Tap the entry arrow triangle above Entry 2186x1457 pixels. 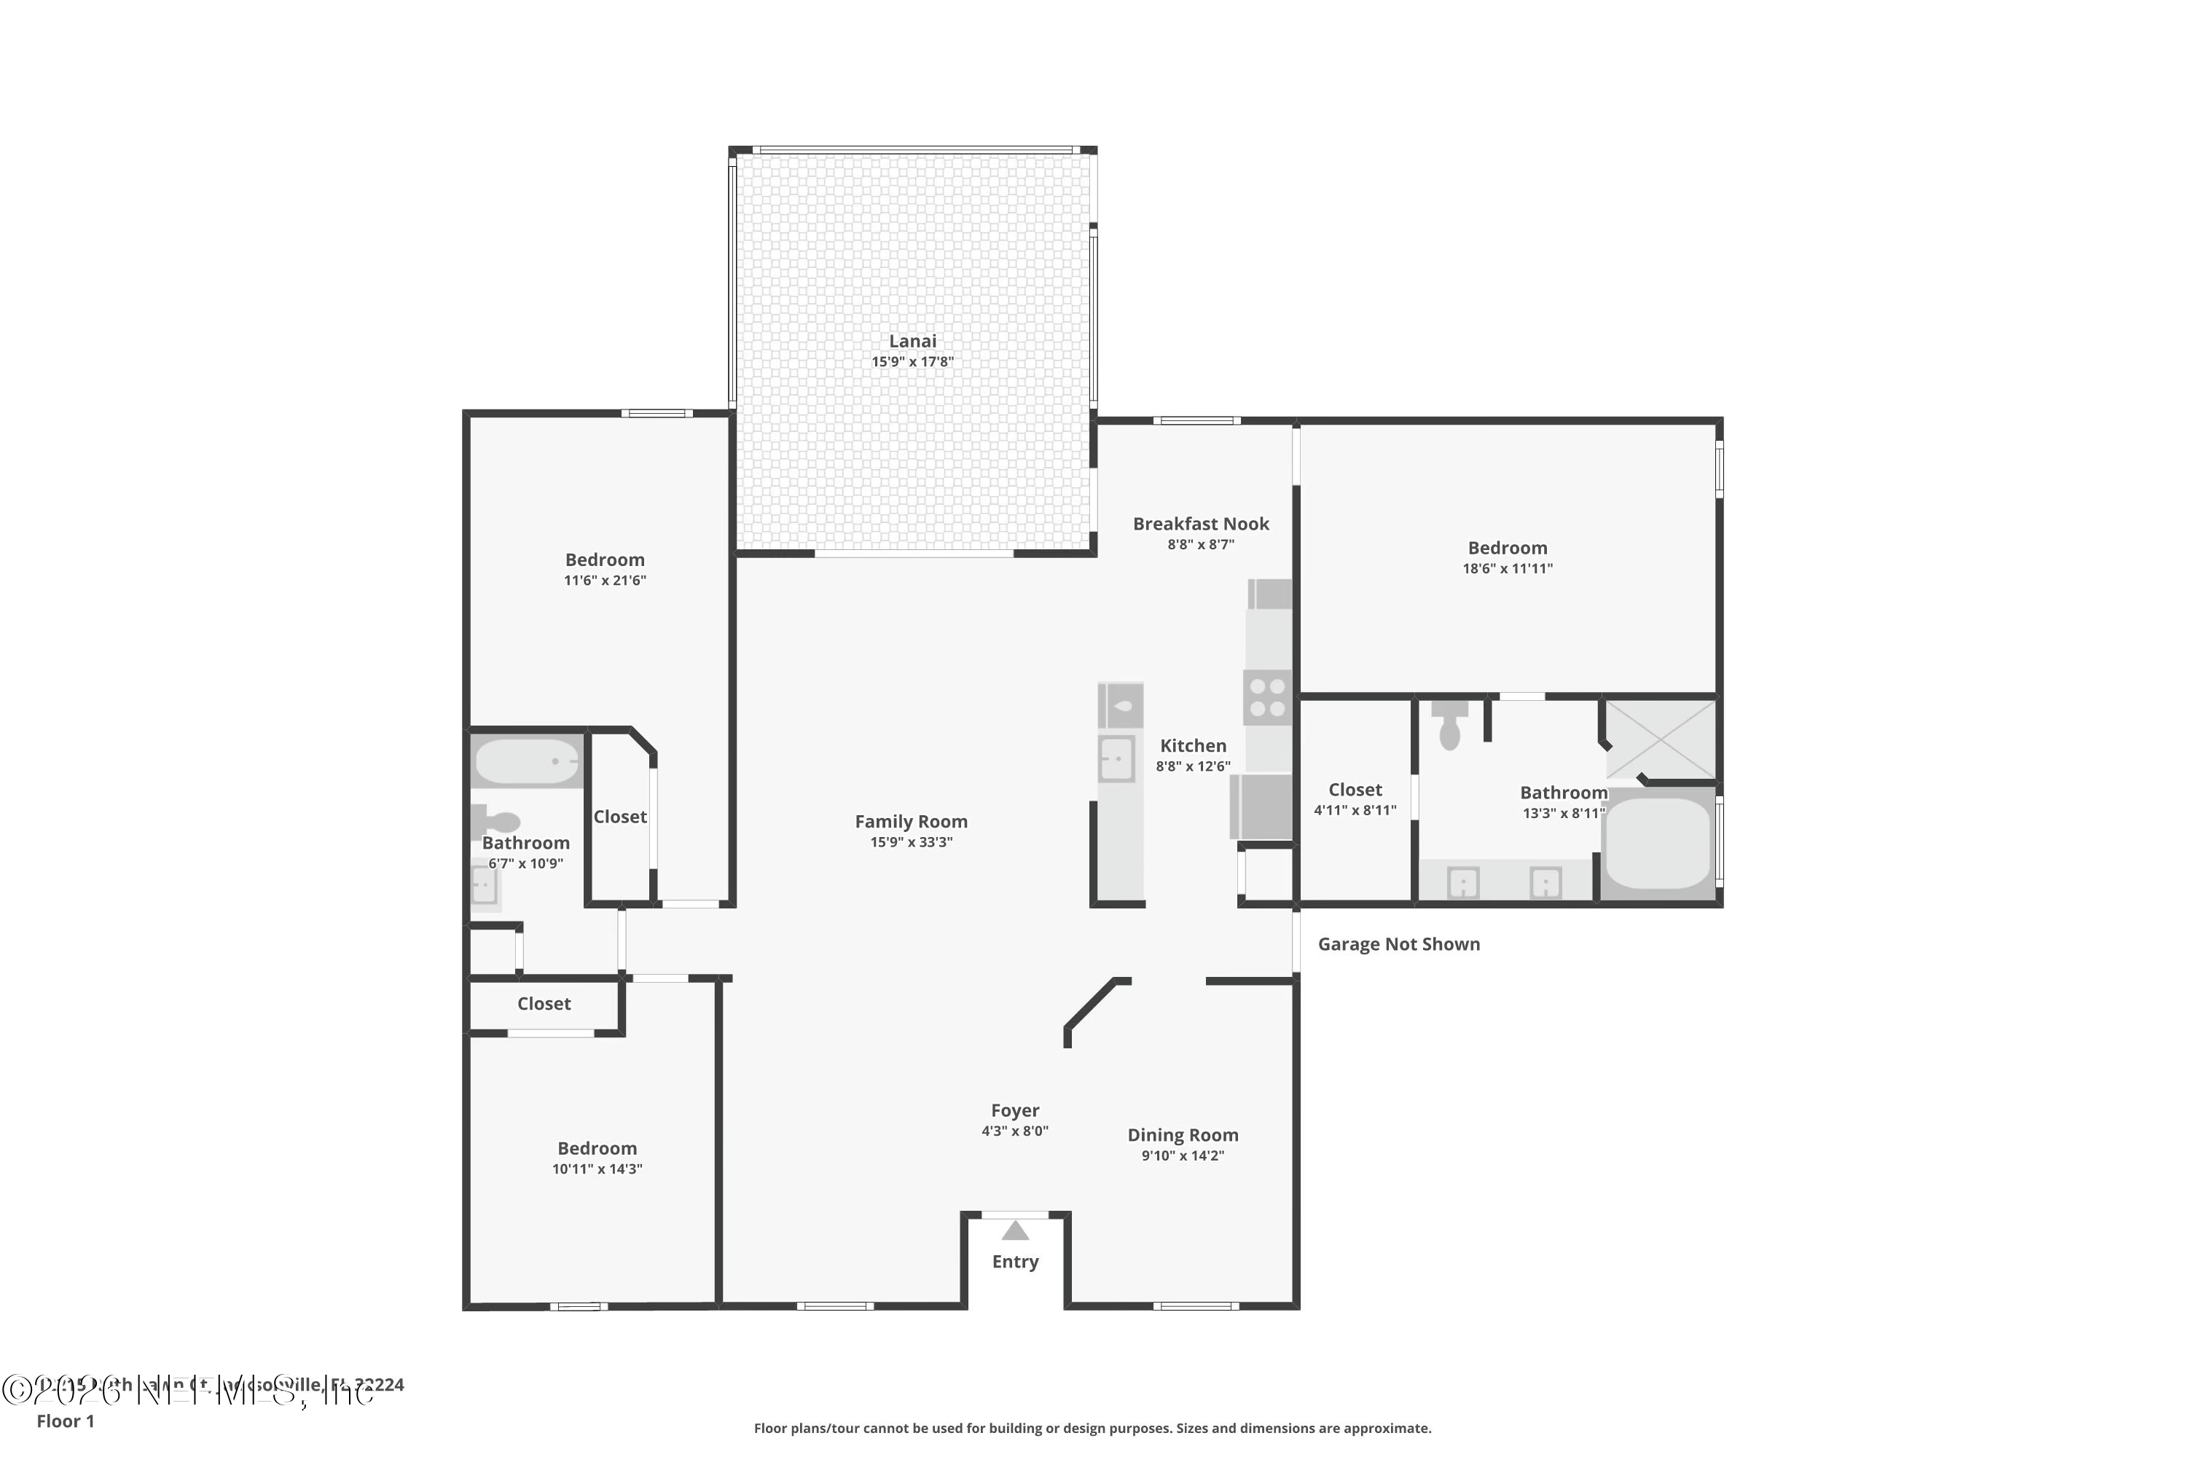pos(1015,1231)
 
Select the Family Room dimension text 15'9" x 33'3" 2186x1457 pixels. pos(911,842)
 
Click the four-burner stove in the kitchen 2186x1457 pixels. pos(1268,697)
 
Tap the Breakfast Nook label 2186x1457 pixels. pos(1200,523)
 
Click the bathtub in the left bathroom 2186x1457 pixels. pos(526,761)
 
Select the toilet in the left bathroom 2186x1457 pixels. pos(497,822)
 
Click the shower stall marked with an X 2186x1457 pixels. pos(1660,739)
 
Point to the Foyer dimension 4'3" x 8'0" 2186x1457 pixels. pos(1015,1131)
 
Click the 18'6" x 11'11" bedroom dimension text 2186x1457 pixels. pos(1507,569)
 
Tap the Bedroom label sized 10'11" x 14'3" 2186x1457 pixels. pos(597,1149)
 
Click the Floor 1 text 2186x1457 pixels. pos(65,1421)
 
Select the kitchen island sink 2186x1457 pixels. pos(1116,759)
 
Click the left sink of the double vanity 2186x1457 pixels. pos(1463,881)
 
